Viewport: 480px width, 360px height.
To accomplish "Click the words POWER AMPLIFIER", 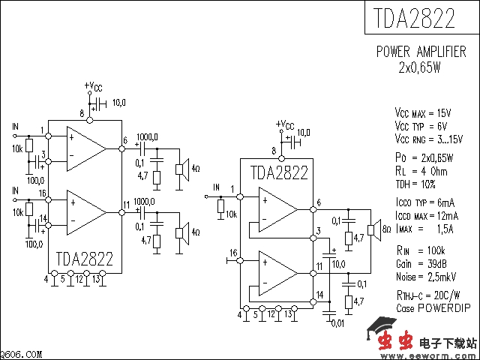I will coord(421,52).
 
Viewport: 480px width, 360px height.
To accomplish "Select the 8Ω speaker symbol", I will coord(370,229).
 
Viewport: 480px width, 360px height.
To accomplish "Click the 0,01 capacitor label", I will coord(338,322).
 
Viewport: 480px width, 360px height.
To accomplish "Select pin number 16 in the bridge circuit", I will coord(233,252).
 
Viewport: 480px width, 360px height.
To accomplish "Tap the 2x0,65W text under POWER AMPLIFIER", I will coord(420,67).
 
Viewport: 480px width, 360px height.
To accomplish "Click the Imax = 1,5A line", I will coord(424,228).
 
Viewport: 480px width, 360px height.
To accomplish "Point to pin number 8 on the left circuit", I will coord(81,113).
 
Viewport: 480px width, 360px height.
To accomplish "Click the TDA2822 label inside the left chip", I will coord(84,259).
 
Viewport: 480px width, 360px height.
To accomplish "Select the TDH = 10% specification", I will coord(415,183).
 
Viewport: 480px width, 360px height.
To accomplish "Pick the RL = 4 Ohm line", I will coord(421,170).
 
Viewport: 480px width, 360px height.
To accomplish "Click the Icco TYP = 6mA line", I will coord(424,203).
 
